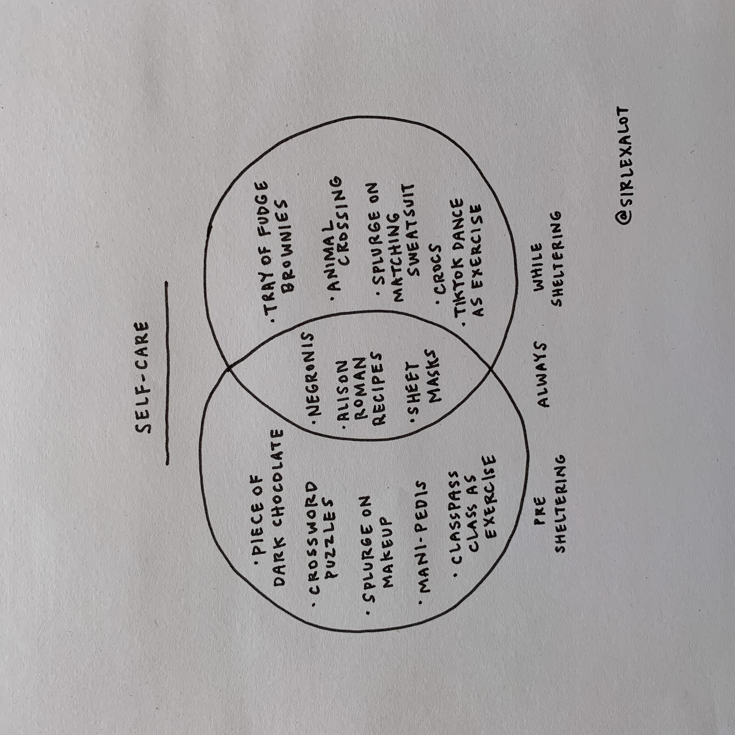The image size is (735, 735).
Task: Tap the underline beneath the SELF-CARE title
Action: click(167, 373)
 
